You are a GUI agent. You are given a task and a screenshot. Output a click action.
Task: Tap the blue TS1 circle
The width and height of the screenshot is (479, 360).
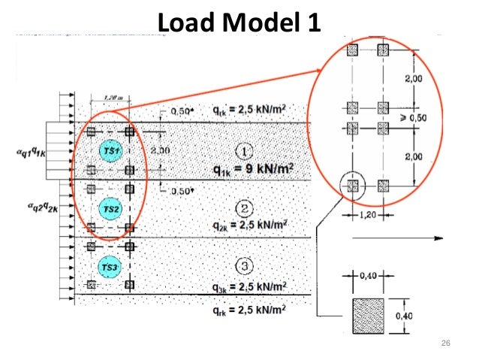[x=111, y=153]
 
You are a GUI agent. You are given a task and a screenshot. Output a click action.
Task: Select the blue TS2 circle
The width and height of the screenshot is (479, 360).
[x=110, y=210]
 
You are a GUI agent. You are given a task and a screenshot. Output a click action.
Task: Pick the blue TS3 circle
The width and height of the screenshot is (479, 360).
[x=110, y=267]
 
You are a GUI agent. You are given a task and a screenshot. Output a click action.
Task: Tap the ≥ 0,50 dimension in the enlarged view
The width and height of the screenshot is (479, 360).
[x=428, y=118]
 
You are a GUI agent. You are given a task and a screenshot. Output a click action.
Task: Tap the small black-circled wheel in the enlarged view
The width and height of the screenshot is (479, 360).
[x=353, y=184]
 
